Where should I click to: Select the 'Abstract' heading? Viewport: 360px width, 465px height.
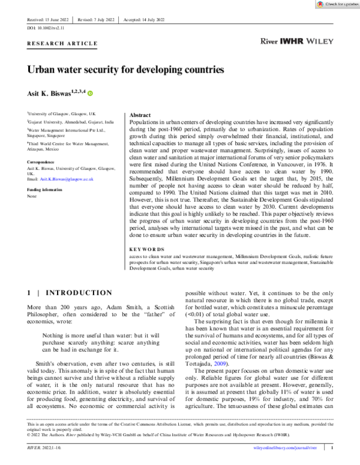[x=140, y=115]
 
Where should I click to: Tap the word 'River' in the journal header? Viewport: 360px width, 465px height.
[x=268, y=43]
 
